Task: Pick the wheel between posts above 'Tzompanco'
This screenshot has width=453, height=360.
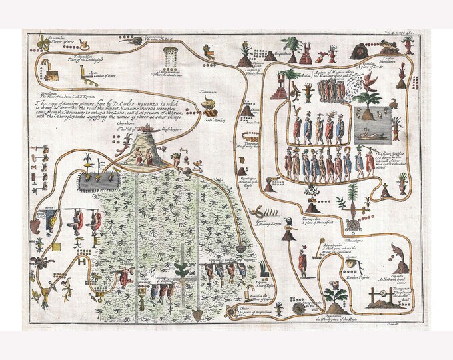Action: tap(378, 292)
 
